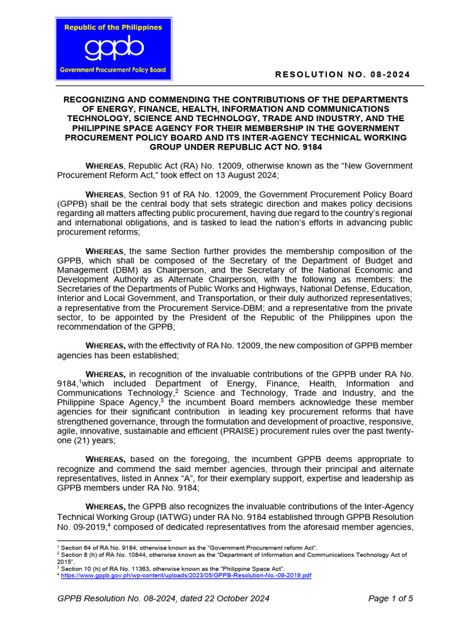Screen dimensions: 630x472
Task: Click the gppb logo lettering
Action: [x=114, y=48]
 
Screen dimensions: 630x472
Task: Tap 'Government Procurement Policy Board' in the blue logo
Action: [x=113, y=70]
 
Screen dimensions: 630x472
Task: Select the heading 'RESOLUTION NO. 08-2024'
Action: [x=342, y=74]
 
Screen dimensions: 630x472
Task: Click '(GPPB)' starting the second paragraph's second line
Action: [x=73, y=204]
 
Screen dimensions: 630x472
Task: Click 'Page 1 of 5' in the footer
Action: [x=390, y=598]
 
